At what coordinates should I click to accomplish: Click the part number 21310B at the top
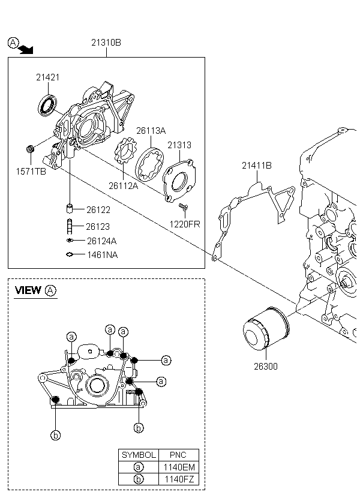106,43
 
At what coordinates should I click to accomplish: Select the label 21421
47,78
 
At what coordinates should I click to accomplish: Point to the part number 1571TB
31,172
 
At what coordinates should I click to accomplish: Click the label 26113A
151,130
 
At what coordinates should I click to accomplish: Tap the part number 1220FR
185,224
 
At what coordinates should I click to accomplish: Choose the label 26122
98,210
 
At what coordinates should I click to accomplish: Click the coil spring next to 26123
70,227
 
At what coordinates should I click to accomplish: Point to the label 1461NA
102,255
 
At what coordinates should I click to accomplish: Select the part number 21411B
257,165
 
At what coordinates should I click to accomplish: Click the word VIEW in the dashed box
28,290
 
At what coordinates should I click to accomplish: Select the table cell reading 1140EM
179,467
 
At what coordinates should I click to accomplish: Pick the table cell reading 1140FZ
179,479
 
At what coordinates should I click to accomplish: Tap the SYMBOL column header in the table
139,455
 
